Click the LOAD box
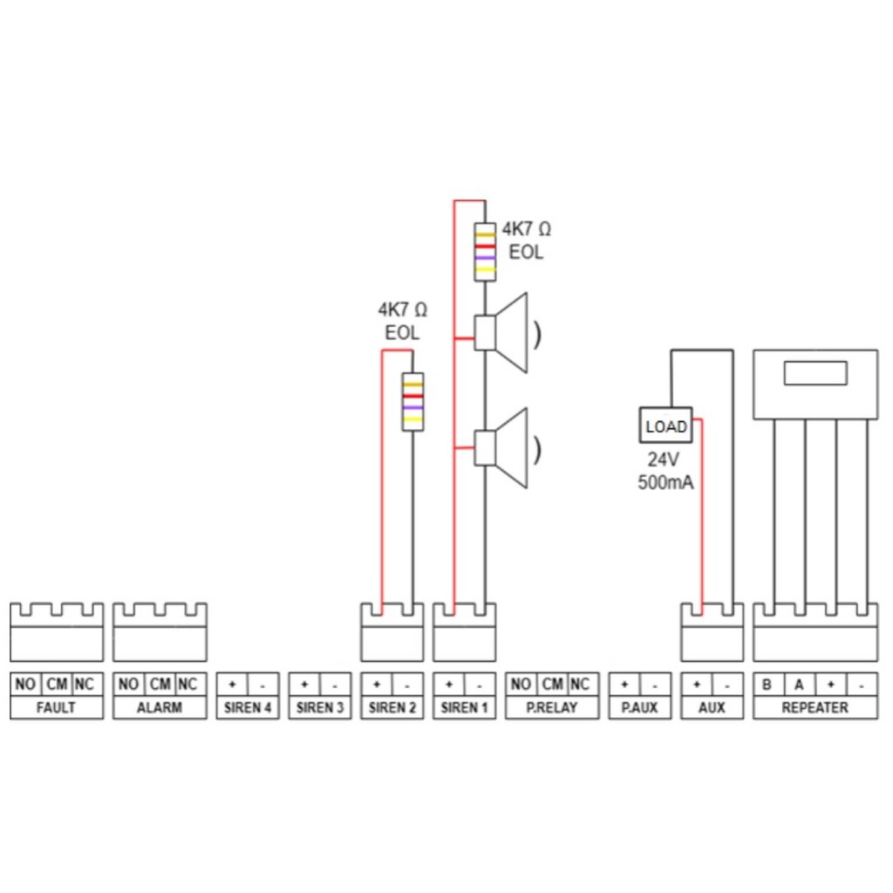666,427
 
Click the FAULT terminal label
56,707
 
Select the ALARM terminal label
160,707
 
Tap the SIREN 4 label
248,707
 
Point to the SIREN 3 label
320,707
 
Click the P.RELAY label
553,707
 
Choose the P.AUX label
639,707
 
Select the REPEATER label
815,707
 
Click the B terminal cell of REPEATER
767,685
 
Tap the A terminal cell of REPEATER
799,685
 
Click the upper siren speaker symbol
503,333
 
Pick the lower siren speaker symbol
503,448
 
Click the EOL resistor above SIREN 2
412,401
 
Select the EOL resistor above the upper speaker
485,253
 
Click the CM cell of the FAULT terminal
56,685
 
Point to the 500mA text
666,482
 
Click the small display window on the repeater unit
815,373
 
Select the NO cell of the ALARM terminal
128,685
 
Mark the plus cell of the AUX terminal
696,685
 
